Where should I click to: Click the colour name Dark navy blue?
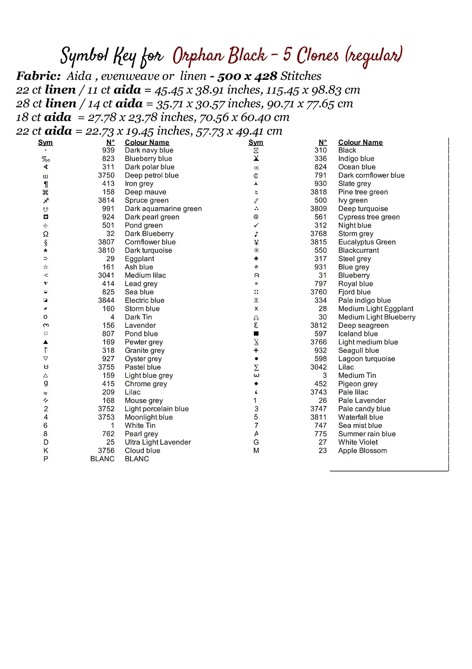pos(149,150)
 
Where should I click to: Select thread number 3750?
pos(106,175)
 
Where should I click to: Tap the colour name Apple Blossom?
pos(362,450)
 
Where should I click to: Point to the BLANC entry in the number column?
pos(102,459)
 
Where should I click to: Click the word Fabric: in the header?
pos(38,76)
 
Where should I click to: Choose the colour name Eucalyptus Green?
pos(367,242)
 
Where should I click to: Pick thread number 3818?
pos(319,192)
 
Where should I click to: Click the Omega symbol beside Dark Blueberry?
pos(45,234)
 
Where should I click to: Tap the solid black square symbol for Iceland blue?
pos(256,334)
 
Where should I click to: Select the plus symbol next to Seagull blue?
pos(256,351)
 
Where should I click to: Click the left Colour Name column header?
pos(147,143)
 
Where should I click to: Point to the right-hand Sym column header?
pos(256,143)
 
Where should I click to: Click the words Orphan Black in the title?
pos(220,56)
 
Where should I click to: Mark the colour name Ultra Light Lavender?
pos(158,442)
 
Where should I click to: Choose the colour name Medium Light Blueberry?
pos(377,317)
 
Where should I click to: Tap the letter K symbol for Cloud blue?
pos(46,450)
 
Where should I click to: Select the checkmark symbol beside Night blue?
pos(256,225)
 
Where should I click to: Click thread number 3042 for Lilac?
pos(319,367)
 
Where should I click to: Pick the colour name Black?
pos(347,150)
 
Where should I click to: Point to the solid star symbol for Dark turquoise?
pos(45,251)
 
